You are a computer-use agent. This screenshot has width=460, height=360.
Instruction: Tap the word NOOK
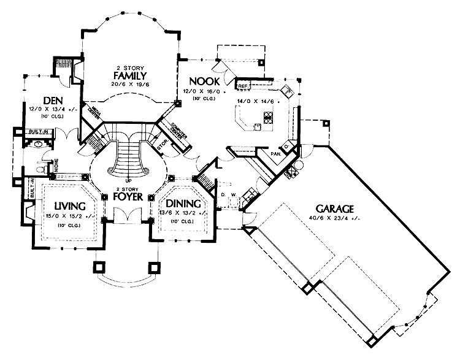coord(203,81)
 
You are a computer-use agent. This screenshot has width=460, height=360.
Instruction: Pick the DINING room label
coord(180,204)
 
